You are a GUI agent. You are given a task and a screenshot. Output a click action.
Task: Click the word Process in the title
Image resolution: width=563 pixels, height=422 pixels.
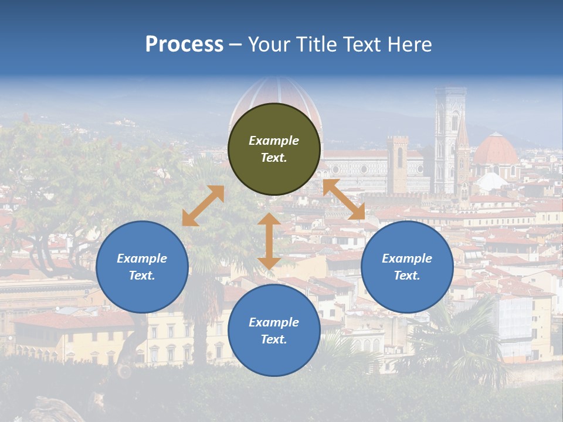(x=184, y=45)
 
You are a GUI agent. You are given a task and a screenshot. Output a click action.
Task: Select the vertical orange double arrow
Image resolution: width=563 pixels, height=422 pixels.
(x=269, y=241)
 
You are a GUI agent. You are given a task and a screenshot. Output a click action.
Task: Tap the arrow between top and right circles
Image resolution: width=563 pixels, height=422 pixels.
(x=344, y=199)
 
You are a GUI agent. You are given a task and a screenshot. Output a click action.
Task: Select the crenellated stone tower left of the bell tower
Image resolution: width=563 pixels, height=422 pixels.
(x=398, y=164)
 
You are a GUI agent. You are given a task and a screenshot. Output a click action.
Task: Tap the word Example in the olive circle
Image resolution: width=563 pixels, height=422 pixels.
(x=274, y=141)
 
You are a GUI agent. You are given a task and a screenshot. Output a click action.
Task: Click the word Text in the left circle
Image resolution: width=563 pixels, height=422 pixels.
(x=142, y=275)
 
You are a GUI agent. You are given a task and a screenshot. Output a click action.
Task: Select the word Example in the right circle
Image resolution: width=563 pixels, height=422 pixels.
(x=407, y=258)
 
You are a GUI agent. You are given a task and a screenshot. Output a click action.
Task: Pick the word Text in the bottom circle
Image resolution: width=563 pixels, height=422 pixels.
(x=274, y=339)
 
